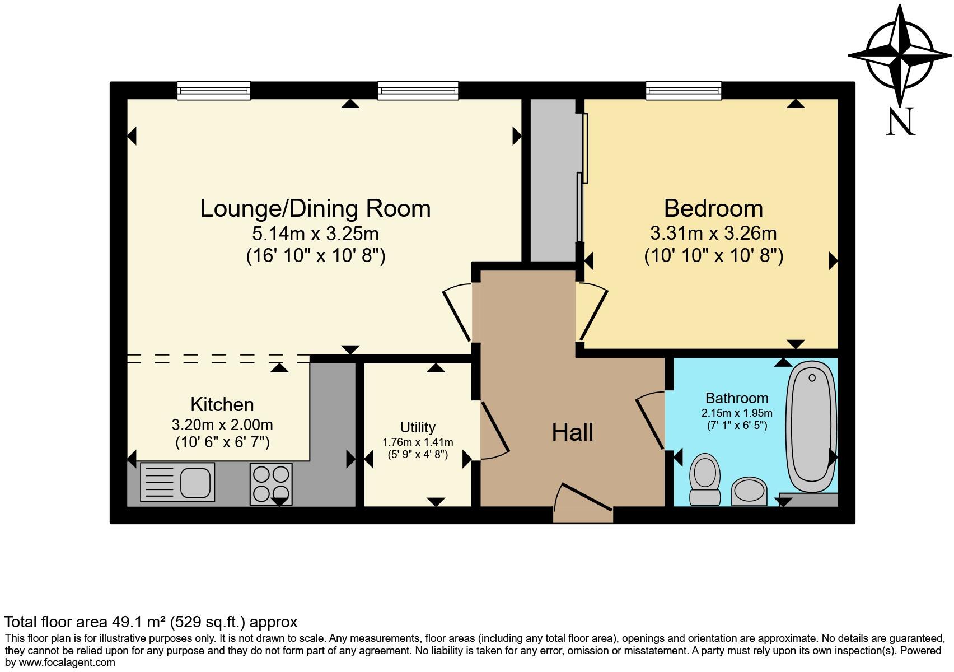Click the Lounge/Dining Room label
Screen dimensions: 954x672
[x=315, y=209]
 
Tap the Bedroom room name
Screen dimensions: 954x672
[x=713, y=209]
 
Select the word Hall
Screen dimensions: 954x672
[x=572, y=432]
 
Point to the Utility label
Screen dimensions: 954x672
[x=418, y=427]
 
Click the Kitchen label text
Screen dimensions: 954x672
[x=222, y=404]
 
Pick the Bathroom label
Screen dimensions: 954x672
[x=737, y=398]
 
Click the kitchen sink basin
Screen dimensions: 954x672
[x=195, y=482]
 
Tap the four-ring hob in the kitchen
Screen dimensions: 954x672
[x=271, y=484]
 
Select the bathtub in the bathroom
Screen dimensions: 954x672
[x=811, y=427]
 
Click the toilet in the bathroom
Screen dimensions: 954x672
[x=705, y=479]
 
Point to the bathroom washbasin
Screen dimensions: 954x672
[x=749, y=491]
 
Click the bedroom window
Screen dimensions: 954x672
[x=684, y=91]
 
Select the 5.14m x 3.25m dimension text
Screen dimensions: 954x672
[x=316, y=234]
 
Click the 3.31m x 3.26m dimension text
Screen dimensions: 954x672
[x=713, y=233]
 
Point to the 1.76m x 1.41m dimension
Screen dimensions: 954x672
[x=418, y=442]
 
